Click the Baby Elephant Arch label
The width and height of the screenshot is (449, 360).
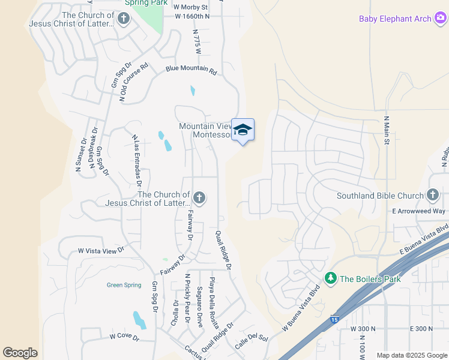coord(395,19)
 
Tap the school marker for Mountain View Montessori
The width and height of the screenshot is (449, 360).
coord(243,130)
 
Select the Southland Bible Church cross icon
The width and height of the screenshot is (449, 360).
coord(433,195)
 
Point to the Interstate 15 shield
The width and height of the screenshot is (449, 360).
coord(334,321)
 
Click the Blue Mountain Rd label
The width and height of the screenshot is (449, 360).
coord(191,70)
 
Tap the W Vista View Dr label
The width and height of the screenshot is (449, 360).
coord(100,250)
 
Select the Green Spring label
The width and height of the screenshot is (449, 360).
coord(124,286)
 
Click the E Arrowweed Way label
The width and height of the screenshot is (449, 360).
coord(418,211)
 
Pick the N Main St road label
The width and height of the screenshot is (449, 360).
coord(387,131)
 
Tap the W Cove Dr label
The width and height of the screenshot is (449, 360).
coord(124,338)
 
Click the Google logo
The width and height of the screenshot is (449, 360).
coord(20,353)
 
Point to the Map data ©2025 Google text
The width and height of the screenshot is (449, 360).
coord(411,355)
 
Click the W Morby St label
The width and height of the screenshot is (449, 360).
coord(190,7)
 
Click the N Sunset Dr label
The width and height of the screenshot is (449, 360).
coord(79,156)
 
